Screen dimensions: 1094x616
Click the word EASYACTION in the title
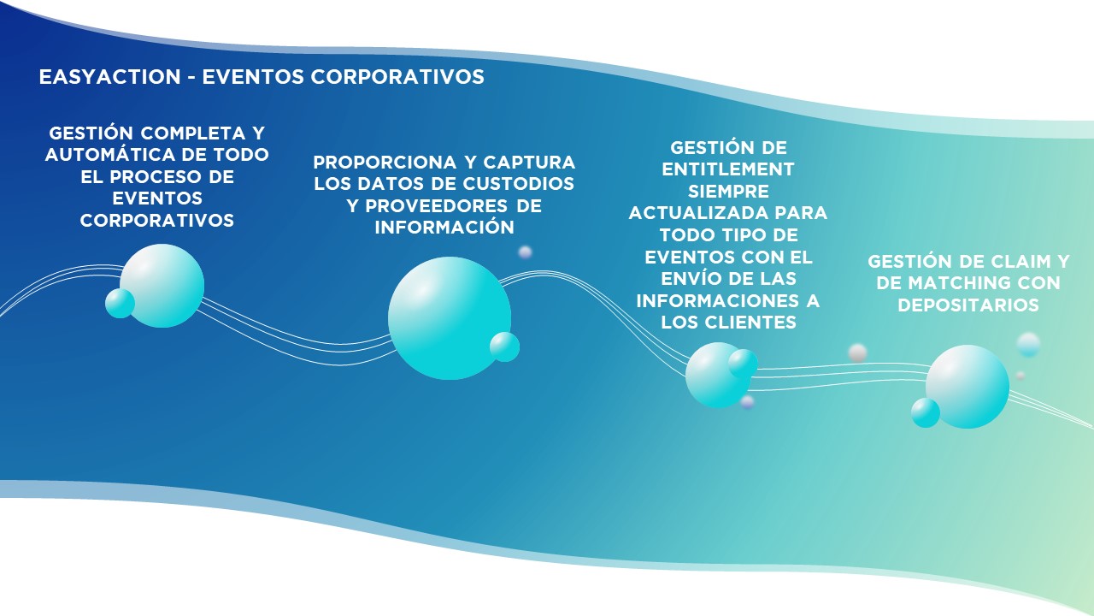110,77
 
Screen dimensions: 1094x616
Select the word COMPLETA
193,133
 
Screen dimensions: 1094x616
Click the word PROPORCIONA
385,162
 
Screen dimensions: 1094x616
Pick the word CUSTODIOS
518,183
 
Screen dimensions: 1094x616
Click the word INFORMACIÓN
444,226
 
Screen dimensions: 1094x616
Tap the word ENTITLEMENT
727,169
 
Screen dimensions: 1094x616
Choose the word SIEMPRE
728,191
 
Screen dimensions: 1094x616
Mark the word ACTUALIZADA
699,213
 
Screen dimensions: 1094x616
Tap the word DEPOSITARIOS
968,305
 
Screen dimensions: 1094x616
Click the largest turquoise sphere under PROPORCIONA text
450,317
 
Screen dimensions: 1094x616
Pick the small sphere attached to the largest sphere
504,346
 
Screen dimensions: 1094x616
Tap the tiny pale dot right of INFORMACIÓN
525,252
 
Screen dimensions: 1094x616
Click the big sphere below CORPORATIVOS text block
162,286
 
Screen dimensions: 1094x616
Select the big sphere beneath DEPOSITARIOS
967,387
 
